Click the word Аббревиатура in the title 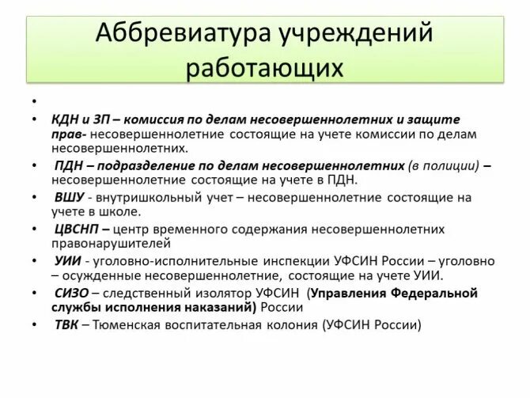pos(173,34)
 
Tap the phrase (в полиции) pos(443,166)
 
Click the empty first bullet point pos(35,102)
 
